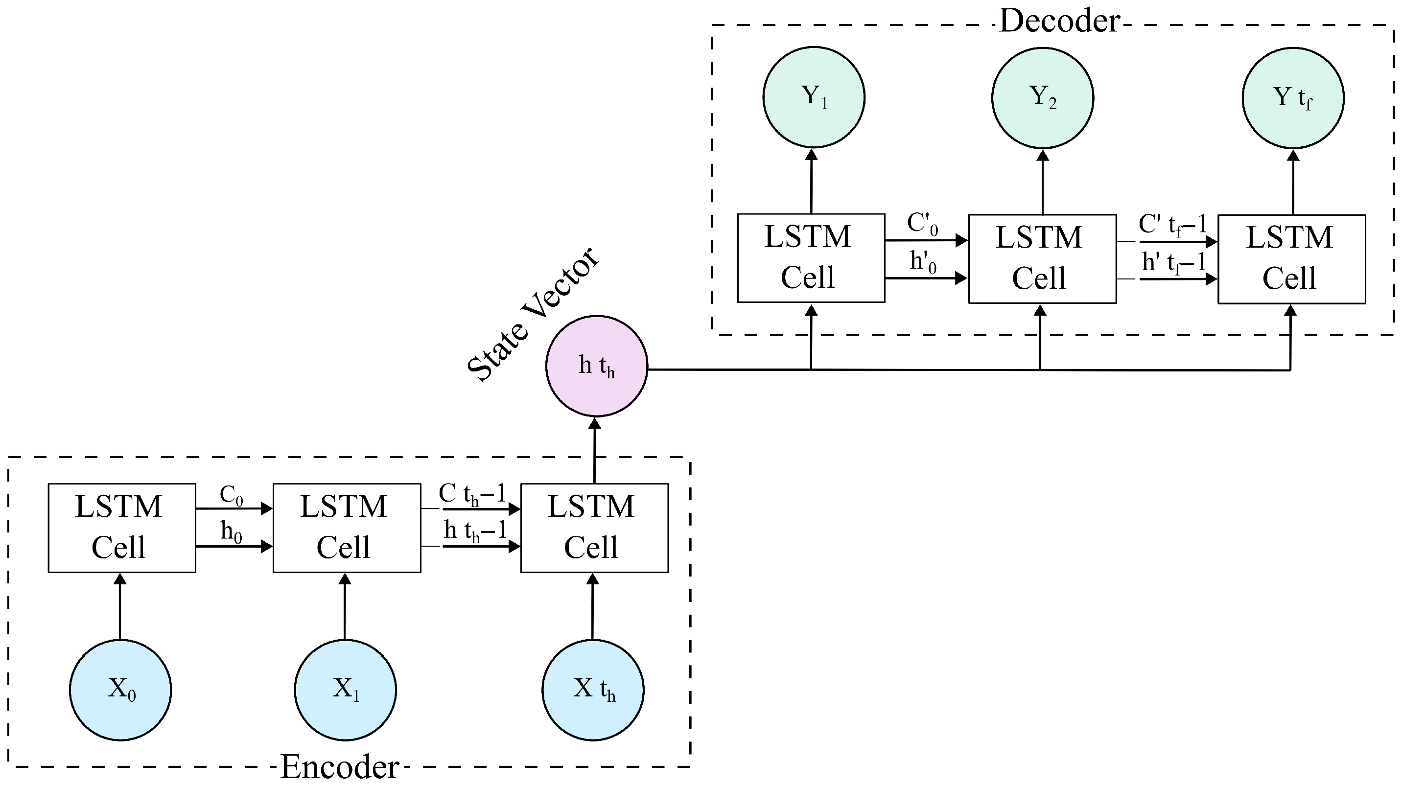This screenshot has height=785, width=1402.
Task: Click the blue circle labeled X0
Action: pyautogui.click(x=120, y=689)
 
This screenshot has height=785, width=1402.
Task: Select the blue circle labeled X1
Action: pyautogui.click(x=345, y=689)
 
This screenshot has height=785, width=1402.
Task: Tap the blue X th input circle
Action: pyautogui.click(x=593, y=689)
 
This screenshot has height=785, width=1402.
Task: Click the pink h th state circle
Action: pyautogui.click(x=597, y=366)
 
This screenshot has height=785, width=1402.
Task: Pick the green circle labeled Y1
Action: pyautogui.click(x=814, y=97)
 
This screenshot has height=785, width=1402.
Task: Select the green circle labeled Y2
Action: pyautogui.click(x=1042, y=97)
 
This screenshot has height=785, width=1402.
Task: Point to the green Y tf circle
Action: pyautogui.click(x=1293, y=97)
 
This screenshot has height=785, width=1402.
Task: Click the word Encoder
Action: pyautogui.click(x=340, y=766)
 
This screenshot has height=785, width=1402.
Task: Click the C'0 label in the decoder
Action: pyautogui.click(x=923, y=224)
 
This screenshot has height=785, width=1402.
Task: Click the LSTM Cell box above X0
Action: pyautogui.click(x=122, y=528)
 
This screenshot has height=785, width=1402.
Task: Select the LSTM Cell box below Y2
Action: pyautogui.click(x=1042, y=258)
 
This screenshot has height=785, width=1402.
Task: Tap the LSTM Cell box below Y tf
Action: pyautogui.click(x=1291, y=259)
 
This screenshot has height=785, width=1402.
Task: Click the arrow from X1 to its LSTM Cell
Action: pyautogui.click(x=345, y=606)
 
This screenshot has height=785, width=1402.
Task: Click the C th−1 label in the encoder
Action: pyautogui.click(x=472, y=494)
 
